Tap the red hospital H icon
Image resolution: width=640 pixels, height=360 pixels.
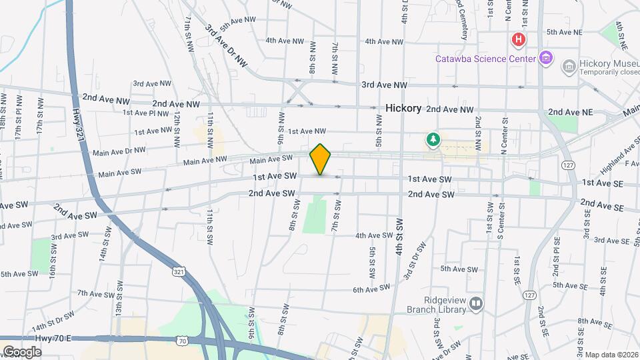pos(518,41)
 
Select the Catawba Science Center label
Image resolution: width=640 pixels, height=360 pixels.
pos(485,58)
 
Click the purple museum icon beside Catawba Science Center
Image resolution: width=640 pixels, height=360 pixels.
pos(546,58)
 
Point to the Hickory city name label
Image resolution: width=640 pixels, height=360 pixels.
pos(403,108)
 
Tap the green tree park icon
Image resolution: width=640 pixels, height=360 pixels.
pos(434,139)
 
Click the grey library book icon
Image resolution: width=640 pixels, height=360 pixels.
pos(476,304)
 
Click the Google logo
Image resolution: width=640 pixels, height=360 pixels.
pos(22,352)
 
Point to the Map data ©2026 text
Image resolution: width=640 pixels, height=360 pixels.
pos(611,355)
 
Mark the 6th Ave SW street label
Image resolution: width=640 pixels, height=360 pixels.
pos(371,288)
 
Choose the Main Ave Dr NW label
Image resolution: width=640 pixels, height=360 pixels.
pos(121,151)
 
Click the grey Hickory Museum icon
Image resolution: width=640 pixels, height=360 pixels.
pos(569,65)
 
